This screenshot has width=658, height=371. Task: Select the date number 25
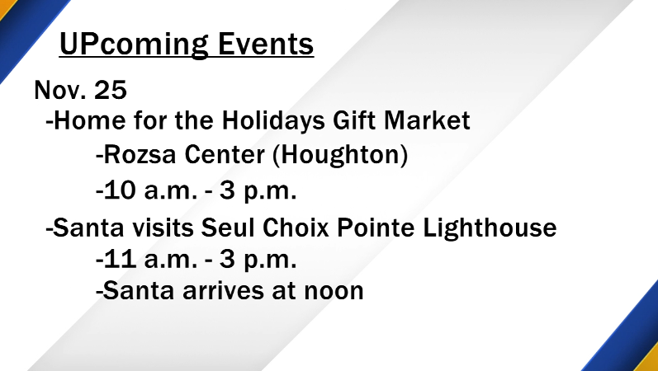[x=111, y=89]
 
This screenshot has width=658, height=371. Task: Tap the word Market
[x=427, y=120]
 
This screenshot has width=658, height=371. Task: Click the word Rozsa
[x=140, y=155]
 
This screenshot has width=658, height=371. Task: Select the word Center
[x=225, y=155]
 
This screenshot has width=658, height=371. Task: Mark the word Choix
[x=296, y=228]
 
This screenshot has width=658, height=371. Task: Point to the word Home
[x=90, y=120]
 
